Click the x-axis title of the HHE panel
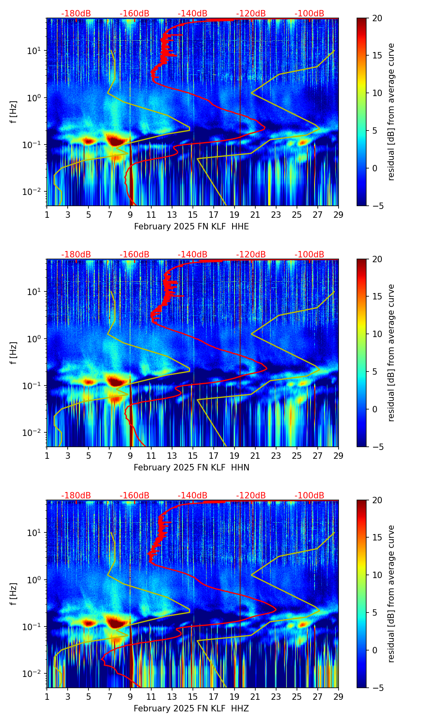point(191,227)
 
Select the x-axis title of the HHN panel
point(191,468)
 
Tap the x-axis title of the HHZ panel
point(191,709)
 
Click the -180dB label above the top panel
point(76,14)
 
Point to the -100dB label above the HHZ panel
point(309,496)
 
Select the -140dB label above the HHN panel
point(192,255)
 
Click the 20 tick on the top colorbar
point(377,18)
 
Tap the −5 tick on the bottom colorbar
point(377,688)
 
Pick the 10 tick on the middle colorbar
point(377,334)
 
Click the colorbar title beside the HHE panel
point(391,112)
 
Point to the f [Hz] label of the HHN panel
point(14,353)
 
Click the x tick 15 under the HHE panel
point(193,215)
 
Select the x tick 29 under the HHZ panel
point(339,697)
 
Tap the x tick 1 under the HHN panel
point(47,456)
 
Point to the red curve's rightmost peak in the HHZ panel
point(276,610)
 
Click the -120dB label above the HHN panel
point(251,255)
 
